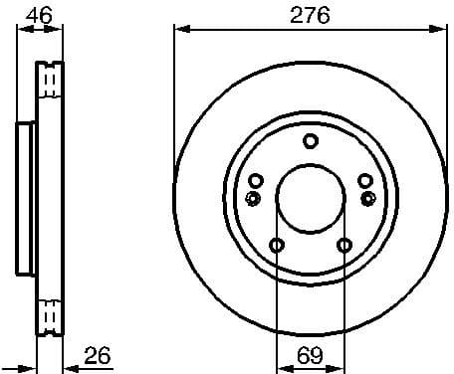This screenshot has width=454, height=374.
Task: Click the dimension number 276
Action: click(310, 14)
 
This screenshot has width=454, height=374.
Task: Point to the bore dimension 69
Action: click(310, 355)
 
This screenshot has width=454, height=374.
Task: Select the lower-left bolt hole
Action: click(277, 246)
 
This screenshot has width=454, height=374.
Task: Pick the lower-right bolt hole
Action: click(343, 246)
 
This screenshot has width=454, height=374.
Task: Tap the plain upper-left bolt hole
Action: click(256, 180)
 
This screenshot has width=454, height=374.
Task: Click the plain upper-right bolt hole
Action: click(364, 180)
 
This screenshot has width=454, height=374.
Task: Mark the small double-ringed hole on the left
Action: click(253, 198)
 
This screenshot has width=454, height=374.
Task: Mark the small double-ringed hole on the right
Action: click(367, 198)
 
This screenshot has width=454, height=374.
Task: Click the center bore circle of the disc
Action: click(310, 198)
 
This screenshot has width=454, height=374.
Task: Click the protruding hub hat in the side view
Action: click(25, 198)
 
